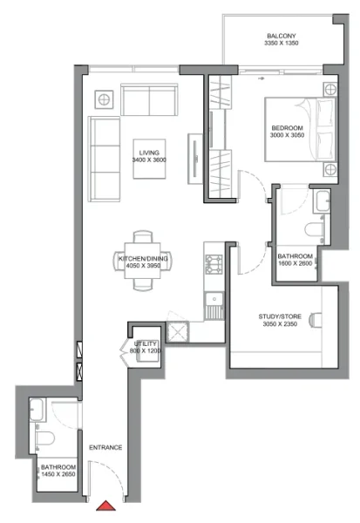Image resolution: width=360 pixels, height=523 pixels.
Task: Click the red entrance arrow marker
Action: tap(107, 505)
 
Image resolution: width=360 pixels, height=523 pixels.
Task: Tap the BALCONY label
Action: tap(282, 37)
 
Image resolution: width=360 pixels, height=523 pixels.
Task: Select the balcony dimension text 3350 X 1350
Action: tap(282, 45)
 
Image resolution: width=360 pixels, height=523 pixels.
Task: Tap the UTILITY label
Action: tap(146, 343)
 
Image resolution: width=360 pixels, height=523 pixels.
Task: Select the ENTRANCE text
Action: tap(105, 447)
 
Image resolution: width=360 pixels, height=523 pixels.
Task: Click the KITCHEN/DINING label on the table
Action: tap(144, 258)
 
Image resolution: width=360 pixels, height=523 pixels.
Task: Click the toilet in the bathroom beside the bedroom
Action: tap(313, 229)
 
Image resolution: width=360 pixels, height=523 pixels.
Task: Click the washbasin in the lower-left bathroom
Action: tap(38, 410)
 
